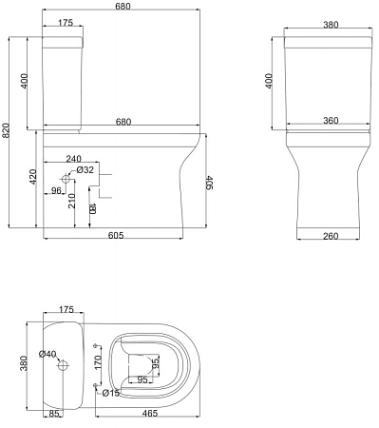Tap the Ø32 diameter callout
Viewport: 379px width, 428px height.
pyautogui.click(x=85, y=169)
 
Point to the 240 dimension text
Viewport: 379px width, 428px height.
pyautogui.click(x=75, y=159)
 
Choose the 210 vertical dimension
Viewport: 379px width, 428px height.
pyautogui.click(x=71, y=201)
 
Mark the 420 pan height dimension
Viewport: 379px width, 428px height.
pyautogui.click(x=34, y=178)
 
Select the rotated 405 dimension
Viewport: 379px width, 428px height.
pyautogui.click(x=209, y=183)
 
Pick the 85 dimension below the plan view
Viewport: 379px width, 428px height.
pyautogui.click(x=54, y=414)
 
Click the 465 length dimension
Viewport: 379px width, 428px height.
pyautogui.click(x=150, y=414)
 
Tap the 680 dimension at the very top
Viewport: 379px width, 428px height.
pyautogui.click(x=122, y=7)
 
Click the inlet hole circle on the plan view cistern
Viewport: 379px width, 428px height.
pyautogui.click(x=64, y=364)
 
